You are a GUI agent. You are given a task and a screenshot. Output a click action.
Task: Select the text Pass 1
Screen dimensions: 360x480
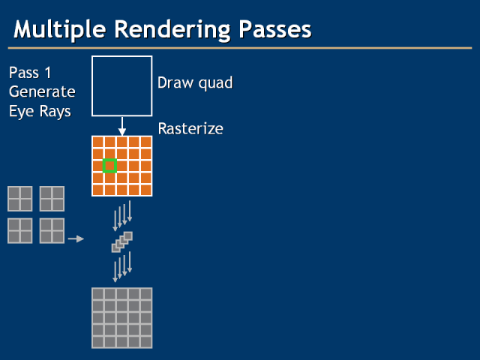point(34,73)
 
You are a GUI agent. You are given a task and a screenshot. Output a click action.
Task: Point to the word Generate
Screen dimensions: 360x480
point(42,91)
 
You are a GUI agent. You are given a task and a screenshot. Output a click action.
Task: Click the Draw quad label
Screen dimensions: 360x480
point(195,82)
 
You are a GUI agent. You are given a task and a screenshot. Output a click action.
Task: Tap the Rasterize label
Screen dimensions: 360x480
point(190,129)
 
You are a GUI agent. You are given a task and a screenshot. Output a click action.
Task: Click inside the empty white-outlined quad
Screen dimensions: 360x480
point(122,86)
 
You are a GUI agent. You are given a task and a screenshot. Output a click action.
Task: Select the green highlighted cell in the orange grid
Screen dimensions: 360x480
point(109,166)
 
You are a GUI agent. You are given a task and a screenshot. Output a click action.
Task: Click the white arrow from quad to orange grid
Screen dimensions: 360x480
point(122,126)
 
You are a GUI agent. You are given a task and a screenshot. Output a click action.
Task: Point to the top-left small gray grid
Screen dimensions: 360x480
point(20,199)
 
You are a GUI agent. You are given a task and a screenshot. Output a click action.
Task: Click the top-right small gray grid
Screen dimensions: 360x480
point(52,199)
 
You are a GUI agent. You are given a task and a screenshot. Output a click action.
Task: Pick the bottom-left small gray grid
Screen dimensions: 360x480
point(20,230)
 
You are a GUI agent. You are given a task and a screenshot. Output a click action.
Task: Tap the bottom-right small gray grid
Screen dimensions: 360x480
point(52,230)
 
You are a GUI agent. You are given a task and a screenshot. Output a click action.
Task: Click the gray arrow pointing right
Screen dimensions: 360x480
point(76,239)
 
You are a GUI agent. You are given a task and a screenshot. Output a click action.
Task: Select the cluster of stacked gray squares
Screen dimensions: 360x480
point(121,241)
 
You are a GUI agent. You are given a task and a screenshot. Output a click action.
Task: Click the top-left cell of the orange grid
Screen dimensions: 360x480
point(97,142)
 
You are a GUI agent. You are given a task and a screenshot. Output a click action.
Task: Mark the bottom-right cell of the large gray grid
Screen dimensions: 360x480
point(145,342)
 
